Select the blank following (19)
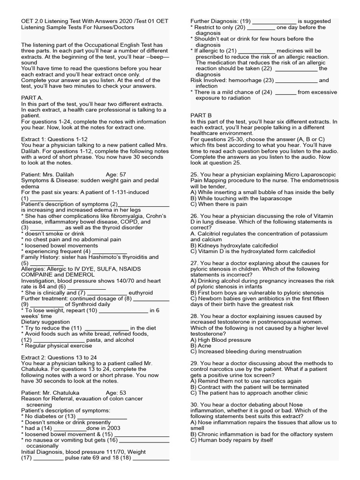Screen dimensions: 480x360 [275, 22]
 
